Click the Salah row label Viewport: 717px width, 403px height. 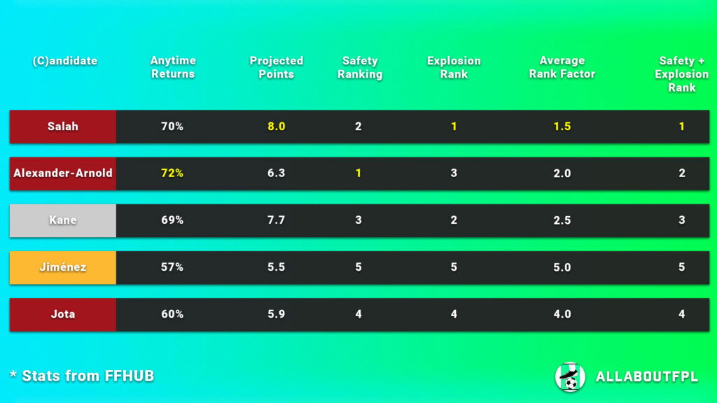[63, 127]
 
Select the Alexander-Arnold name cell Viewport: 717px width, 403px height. [63, 174]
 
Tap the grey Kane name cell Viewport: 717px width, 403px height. [63, 220]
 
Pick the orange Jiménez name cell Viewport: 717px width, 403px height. [63, 267]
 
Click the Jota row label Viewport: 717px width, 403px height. [63, 314]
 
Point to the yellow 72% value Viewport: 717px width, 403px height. [172, 174]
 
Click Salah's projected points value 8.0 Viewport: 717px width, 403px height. [277, 127]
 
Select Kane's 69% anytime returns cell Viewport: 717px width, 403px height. [172, 220]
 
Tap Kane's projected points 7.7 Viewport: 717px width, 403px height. [277, 220]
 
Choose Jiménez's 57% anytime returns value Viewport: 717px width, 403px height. [172, 267]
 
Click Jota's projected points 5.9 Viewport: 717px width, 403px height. [277, 314]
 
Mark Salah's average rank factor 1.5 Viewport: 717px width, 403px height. [562, 127]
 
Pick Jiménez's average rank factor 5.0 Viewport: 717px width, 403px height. [562, 267]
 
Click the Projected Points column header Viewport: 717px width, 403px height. [277, 68]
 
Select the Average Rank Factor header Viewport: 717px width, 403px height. [562, 68]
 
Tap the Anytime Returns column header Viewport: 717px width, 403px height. [173, 68]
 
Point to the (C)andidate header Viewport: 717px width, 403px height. [65, 61]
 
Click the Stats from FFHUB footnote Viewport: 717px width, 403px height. [82, 376]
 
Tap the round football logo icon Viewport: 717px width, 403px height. [570, 376]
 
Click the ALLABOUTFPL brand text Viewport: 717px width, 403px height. [646, 377]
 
